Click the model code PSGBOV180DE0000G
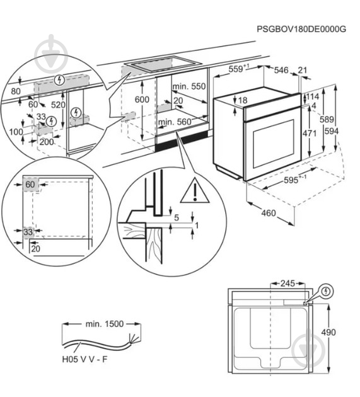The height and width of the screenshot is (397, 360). coord(302,29)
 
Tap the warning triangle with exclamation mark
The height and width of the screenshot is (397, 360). coord(194,191)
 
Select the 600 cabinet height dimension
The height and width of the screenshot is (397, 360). coord(142,100)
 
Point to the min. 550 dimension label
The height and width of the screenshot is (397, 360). coord(190,86)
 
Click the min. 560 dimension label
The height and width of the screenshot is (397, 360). coord(175,122)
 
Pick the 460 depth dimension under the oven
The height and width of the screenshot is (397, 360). coord(269,213)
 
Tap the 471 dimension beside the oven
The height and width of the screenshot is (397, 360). coord(309,134)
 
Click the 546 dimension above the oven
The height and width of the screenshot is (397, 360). coord(281,70)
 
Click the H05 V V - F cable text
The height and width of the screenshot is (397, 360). coord(85,359)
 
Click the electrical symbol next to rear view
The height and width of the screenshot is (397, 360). coord(327,291)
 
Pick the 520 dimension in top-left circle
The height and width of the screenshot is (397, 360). coord(58,105)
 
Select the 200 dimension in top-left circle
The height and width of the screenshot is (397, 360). coord(47,142)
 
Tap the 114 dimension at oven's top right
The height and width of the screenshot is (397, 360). coord(313,96)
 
